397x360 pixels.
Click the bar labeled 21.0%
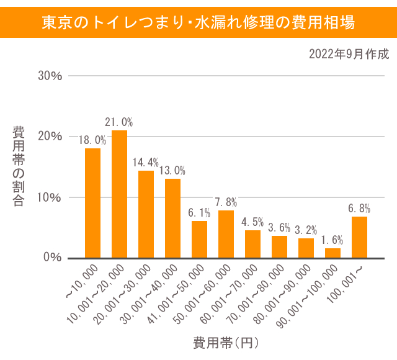pyautogui.click(x=119, y=194)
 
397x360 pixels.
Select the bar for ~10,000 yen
pyautogui.click(x=92, y=203)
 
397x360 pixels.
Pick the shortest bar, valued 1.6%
pyautogui.click(x=333, y=253)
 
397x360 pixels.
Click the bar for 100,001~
pyautogui.click(x=359, y=237)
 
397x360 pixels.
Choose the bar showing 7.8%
pyautogui.click(x=226, y=234)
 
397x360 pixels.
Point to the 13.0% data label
pyautogui.click(x=172, y=170)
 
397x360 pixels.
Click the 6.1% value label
pyautogui.click(x=199, y=212)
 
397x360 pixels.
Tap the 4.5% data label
pyautogui.click(x=252, y=222)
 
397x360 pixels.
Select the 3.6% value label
pyautogui.click(x=279, y=227)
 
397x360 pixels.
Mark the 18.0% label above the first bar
pyautogui.click(x=92, y=140)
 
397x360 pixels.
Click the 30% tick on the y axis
pyautogui.click(x=50, y=76)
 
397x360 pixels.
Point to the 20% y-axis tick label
pyautogui.click(x=50, y=137)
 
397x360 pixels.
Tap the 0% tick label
pyautogui.click(x=53, y=258)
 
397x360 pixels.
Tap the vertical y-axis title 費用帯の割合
pyautogui.click(x=19, y=166)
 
